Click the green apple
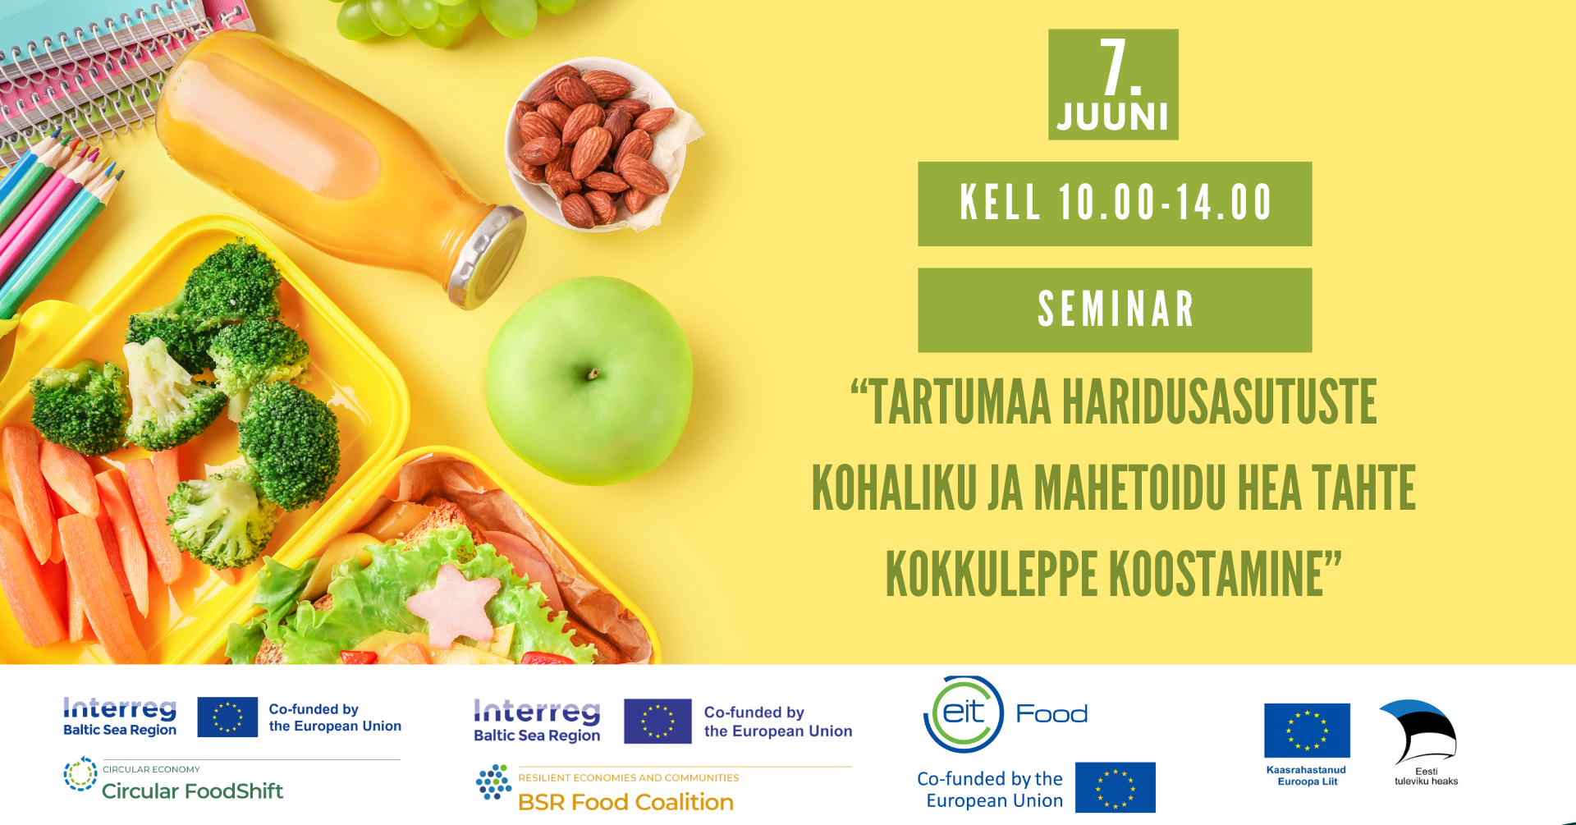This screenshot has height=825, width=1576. tap(589, 380)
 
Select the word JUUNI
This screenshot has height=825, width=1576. tap(1113, 117)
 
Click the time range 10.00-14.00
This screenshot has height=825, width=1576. tap(1166, 203)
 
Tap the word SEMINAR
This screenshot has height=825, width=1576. tap(1115, 309)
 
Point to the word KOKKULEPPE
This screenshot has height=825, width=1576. tap(992, 573)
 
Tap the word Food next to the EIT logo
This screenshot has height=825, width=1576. tap(1052, 713)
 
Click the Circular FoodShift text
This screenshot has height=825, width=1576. tap(192, 791)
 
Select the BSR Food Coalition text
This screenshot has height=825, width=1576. tap(625, 802)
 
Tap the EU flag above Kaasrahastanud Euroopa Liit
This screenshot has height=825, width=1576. tap(1307, 731)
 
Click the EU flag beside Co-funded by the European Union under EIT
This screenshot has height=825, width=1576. tap(1116, 787)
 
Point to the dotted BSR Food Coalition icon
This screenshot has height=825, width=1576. tap(494, 782)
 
